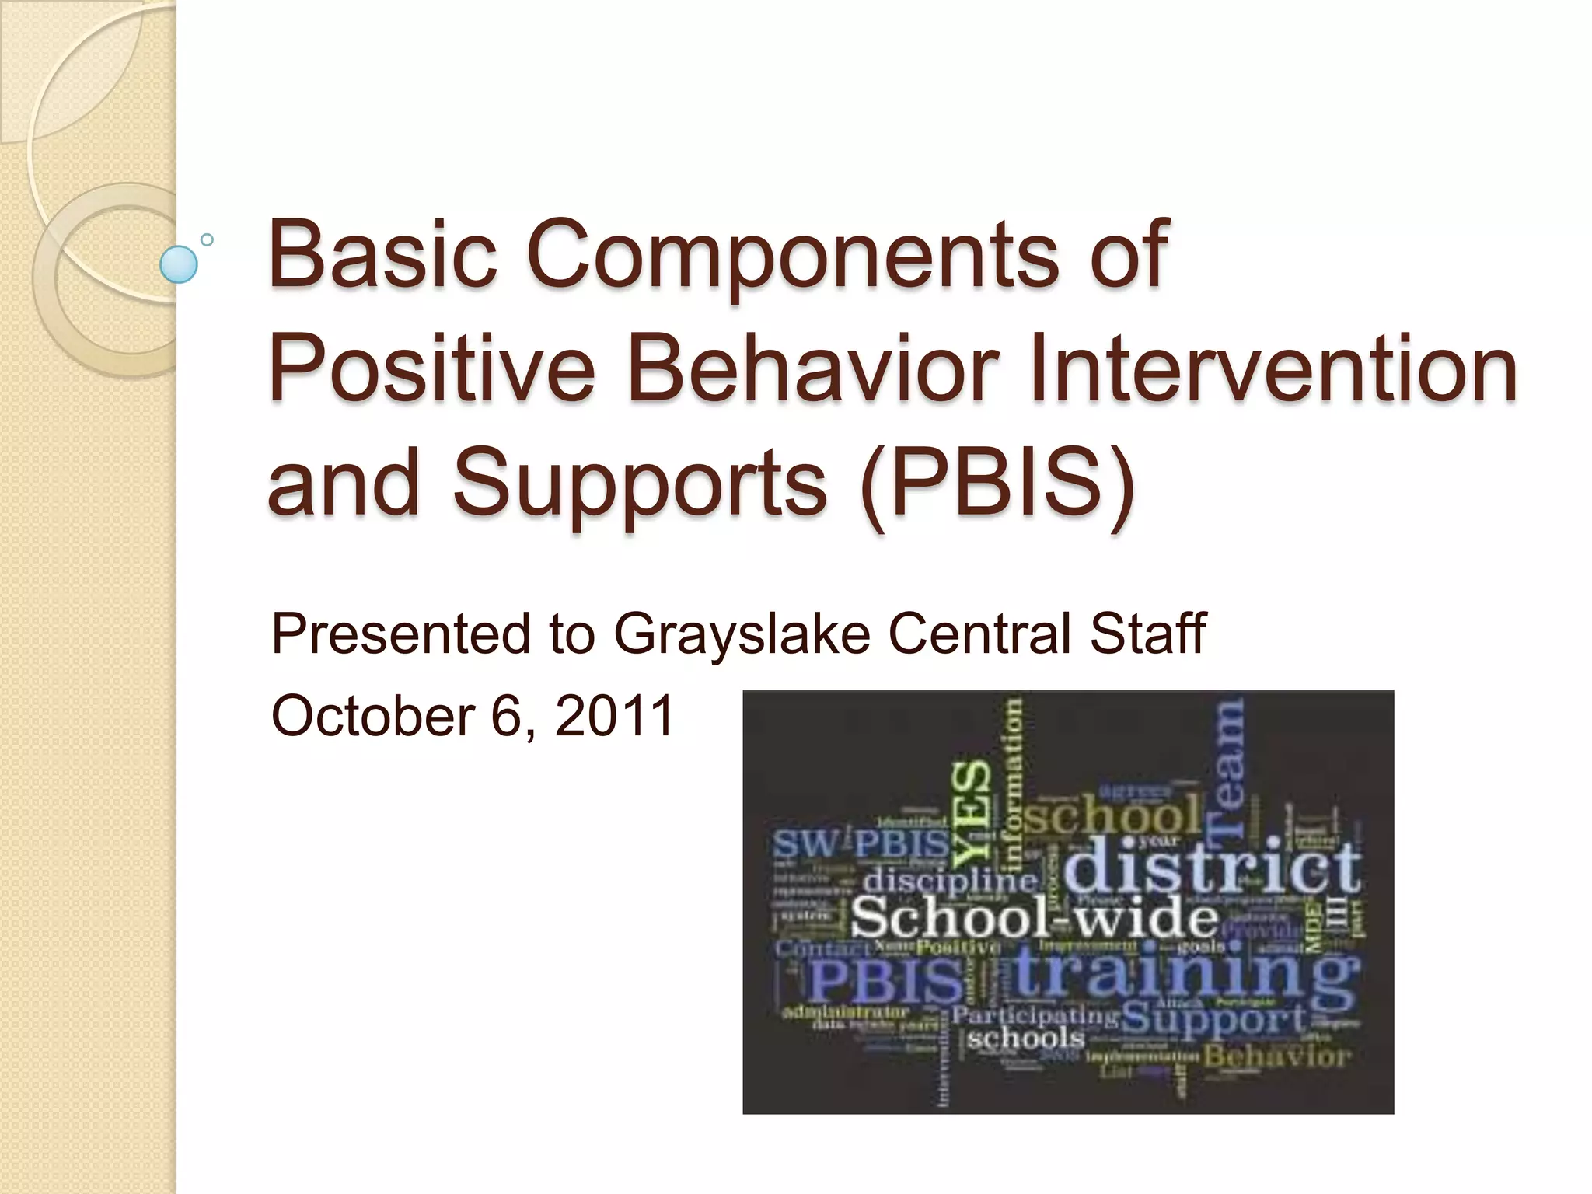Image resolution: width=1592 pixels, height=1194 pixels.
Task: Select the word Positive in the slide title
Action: click(x=431, y=367)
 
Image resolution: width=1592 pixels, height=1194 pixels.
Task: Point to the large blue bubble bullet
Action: click(x=178, y=264)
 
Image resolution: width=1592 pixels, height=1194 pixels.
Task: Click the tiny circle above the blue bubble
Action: click(x=207, y=239)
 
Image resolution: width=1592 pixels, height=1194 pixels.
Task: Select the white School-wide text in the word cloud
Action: click(x=1035, y=918)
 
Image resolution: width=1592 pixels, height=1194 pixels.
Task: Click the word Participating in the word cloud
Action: click(x=1035, y=1015)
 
